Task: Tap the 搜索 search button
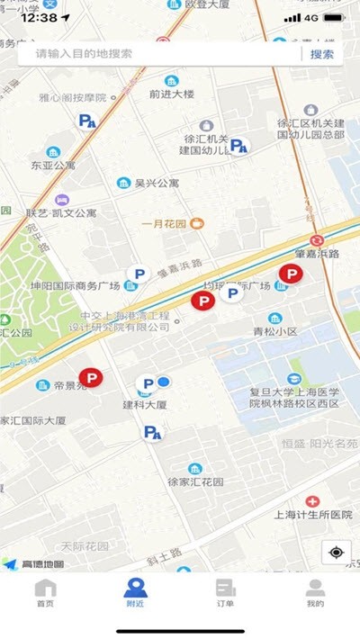click(322, 54)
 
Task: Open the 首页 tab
click(45, 593)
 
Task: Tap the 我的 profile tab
click(315, 593)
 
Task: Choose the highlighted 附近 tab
click(135, 593)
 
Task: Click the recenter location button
click(337, 553)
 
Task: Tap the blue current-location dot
click(164, 382)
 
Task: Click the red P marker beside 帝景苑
click(91, 379)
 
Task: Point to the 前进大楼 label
click(172, 93)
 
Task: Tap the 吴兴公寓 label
click(157, 184)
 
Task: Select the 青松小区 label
click(274, 331)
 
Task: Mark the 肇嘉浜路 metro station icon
click(317, 241)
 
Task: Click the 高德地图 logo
click(33, 564)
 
